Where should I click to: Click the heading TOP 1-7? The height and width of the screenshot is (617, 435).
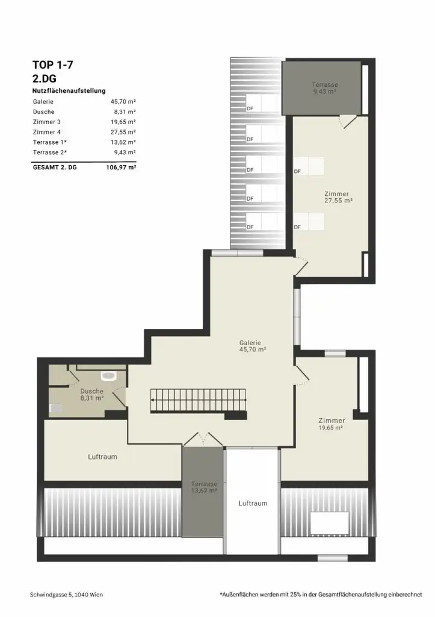[x=53, y=65]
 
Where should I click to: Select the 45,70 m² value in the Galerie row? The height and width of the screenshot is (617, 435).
[x=123, y=101]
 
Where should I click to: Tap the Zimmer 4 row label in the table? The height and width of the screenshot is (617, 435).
[x=47, y=132]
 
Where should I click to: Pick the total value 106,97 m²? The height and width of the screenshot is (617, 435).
[x=121, y=168]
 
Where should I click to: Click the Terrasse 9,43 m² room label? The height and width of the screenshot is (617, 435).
[x=324, y=88]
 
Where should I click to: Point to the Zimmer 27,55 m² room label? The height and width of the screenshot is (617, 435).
[x=338, y=197]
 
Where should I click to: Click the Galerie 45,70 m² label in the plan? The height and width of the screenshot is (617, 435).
[x=252, y=346]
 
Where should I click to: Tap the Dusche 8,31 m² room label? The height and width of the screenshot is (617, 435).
[x=92, y=394]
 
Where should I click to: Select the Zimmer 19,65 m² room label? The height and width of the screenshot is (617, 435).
[x=332, y=424]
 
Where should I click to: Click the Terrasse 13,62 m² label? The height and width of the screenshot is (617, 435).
[x=204, y=487]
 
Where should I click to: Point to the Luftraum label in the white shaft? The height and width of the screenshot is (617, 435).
[x=253, y=503]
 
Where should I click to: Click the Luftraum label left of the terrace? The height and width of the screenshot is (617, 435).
[x=102, y=457]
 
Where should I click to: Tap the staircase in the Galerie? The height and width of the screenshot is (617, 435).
[x=199, y=401]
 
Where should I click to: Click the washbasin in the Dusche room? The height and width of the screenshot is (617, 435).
[x=108, y=376]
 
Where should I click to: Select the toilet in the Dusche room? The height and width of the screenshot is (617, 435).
[x=55, y=409]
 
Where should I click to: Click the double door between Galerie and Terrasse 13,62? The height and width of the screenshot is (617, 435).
[x=203, y=439]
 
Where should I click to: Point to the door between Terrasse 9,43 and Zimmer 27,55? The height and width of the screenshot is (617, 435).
[x=348, y=121]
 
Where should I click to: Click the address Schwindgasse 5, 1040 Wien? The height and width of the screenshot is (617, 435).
[x=66, y=595]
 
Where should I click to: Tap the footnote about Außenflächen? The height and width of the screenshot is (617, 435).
[x=321, y=595]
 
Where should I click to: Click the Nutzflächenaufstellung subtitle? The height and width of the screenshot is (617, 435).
[x=69, y=90]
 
